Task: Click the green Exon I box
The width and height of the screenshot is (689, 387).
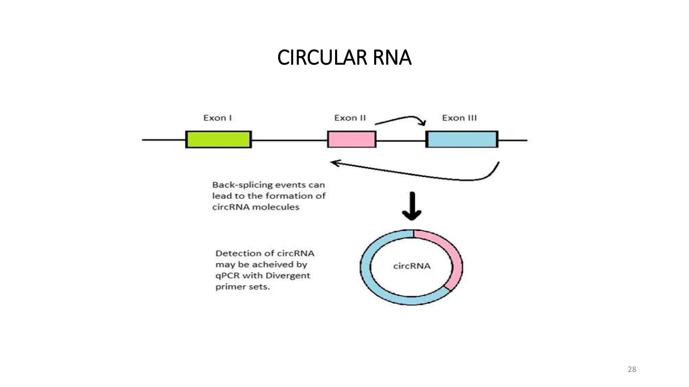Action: point(218,139)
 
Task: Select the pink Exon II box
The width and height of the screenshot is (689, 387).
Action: point(352,139)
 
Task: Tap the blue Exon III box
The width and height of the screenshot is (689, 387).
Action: point(462,139)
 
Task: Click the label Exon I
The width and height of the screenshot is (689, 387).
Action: point(217,118)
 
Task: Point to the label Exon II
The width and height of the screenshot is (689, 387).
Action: point(350,118)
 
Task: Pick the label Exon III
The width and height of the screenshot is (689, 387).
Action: point(459,118)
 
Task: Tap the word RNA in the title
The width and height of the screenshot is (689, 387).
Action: point(392,57)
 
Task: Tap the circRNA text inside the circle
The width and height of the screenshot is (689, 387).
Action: point(412,266)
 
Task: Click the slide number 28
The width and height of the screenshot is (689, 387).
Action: point(632,369)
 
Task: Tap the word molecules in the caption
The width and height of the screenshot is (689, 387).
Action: point(276,207)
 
